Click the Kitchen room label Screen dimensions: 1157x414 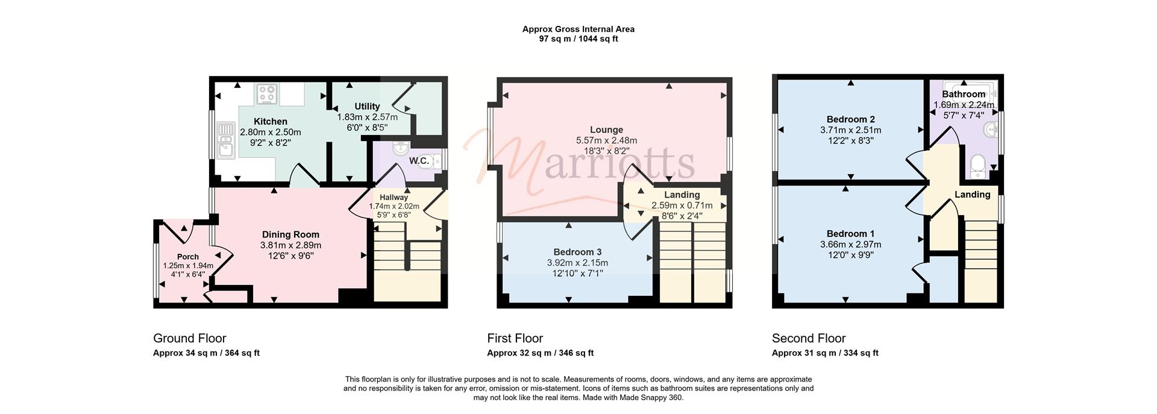270,122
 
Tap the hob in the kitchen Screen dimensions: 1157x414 266,93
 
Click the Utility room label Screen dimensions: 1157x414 367,107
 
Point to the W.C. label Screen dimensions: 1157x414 419,161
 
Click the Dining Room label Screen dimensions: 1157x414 290,235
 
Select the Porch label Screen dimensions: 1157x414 188,257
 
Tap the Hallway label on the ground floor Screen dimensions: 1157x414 394,197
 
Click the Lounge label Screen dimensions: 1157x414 606,130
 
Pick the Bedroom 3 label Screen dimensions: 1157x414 577,252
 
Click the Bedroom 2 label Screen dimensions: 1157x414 850,119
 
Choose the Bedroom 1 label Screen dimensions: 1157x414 850,234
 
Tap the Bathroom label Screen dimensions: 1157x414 964,95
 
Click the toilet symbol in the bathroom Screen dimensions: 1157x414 977,166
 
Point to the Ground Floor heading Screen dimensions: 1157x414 190,338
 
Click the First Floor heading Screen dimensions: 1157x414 515,338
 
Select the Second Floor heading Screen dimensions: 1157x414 809,338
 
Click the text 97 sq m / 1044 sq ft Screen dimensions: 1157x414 578,39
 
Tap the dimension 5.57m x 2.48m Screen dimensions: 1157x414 606,140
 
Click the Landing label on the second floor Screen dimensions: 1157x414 972,195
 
